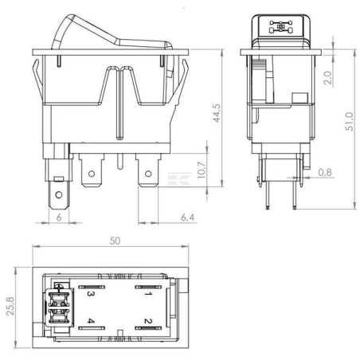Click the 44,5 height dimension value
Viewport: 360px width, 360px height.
pyautogui.click(x=217, y=113)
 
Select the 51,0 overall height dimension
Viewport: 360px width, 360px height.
pyautogui.click(x=350, y=122)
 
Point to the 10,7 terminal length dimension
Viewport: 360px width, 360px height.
pyautogui.click(x=202, y=170)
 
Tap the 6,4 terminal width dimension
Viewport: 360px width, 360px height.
pyautogui.click(x=188, y=217)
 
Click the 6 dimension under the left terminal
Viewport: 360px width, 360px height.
pyautogui.click(x=59, y=217)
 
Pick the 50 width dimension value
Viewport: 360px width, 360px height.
pyautogui.click(x=115, y=241)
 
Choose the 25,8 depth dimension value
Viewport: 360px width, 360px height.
pyautogui.click(x=10, y=307)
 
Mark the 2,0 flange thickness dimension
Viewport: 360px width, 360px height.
pyautogui.click(x=328, y=78)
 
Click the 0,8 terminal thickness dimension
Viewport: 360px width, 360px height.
pyautogui.click(x=325, y=173)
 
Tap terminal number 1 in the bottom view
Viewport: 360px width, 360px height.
pyautogui.click(x=148, y=294)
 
